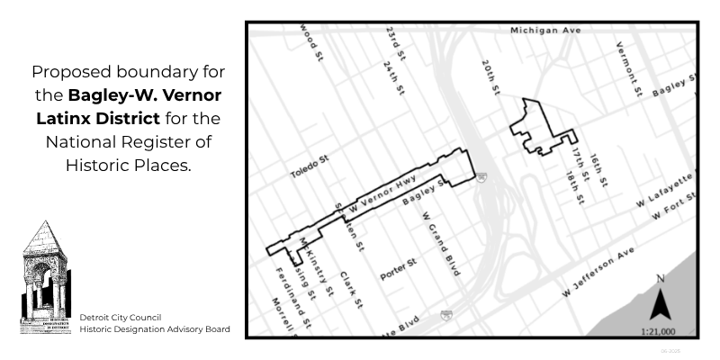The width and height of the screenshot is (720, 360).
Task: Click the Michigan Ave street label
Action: (x=546, y=30)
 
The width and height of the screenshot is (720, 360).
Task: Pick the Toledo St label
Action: (x=310, y=167)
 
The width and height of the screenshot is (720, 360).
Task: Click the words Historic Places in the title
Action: (x=127, y=165)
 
